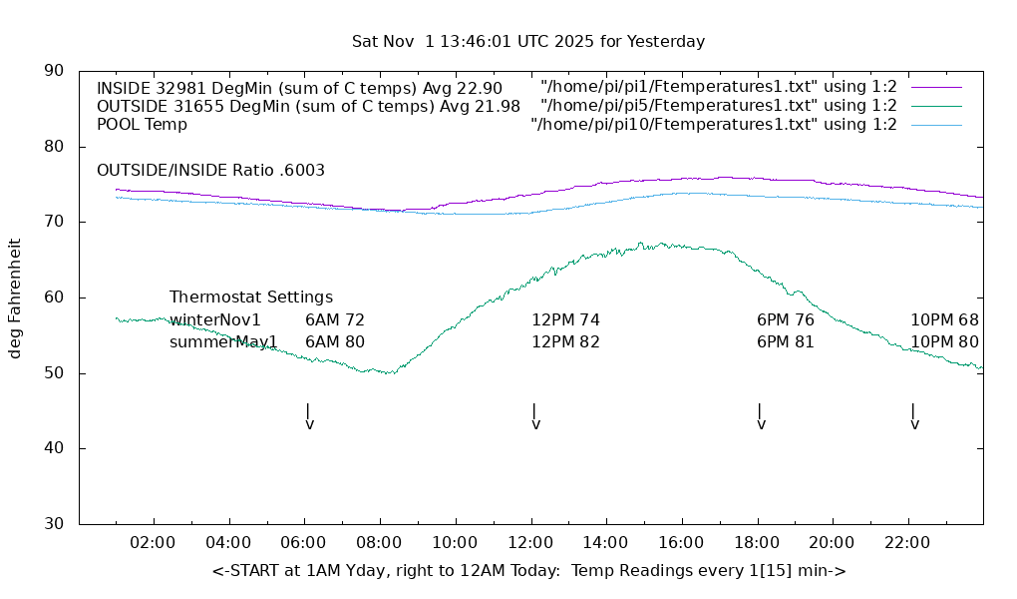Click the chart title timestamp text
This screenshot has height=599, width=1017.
[x=528, y=42]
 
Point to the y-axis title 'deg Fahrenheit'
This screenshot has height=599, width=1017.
[x=15, y=298]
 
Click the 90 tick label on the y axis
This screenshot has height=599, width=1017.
[x=54, y=71]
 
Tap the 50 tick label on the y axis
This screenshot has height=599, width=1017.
[x=54, y=373]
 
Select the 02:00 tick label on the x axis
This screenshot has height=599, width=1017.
[x=154, y=542]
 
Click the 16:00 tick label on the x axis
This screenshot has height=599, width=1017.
[x=681, y=542]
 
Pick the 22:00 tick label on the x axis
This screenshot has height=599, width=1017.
[x=907, y=542]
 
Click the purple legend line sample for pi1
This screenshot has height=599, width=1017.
[x=936, y=87]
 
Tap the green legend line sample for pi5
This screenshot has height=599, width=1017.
[x=936, y=106]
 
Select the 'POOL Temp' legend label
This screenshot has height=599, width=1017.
[x=142, y=125]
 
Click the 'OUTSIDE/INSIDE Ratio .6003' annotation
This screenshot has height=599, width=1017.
[x=210, y=171]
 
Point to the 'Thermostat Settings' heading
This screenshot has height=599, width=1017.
[x=251, y=298]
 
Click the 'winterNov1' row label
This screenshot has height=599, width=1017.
[x=215, y=320]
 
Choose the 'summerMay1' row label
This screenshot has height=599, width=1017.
[x=223, y=342]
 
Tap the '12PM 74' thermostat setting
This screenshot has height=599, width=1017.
[x=565, y=320]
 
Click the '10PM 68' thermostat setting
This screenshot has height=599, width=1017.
[x=944, y=320]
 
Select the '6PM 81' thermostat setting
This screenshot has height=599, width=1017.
[x=786, y=342]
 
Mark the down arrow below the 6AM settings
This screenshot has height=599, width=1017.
[x=309, y=417]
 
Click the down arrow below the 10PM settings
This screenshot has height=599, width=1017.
[x=914, y=417]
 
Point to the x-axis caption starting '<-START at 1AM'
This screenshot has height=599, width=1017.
[x=528, y=571]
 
